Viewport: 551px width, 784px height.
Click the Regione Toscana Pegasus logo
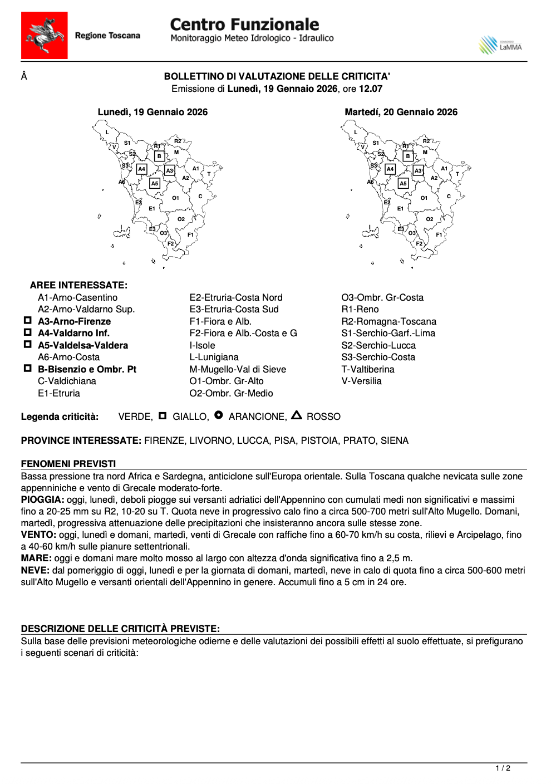[44, 35]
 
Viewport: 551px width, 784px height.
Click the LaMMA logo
[500, 45]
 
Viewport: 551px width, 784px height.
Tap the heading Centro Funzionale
[244, 24]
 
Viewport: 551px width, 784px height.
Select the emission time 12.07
[371, 89]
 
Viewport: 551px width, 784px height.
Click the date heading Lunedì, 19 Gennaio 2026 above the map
[152, 112]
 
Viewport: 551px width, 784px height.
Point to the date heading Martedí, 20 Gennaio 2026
[401, 112]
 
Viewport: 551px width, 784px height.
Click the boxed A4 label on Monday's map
[142, 169]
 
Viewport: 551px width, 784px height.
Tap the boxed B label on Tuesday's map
[408, 156]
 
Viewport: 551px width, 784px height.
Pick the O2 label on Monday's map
[181, 219]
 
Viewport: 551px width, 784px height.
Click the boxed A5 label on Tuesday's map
[403, 183]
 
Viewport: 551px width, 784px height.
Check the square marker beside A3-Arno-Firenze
[27, 321]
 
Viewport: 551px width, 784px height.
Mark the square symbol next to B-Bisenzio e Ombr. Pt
[27, 369]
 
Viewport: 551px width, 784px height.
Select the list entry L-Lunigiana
[214, 357]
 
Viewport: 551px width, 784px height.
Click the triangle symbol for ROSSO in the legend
[297, 415]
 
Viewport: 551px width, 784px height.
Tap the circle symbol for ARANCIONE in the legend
[219, 415]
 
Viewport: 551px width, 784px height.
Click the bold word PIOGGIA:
[42, 500]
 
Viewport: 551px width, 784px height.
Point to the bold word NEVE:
[35, 571]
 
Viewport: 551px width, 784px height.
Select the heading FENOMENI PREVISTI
[68, 464]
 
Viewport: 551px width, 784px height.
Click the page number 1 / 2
[503, 768]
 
